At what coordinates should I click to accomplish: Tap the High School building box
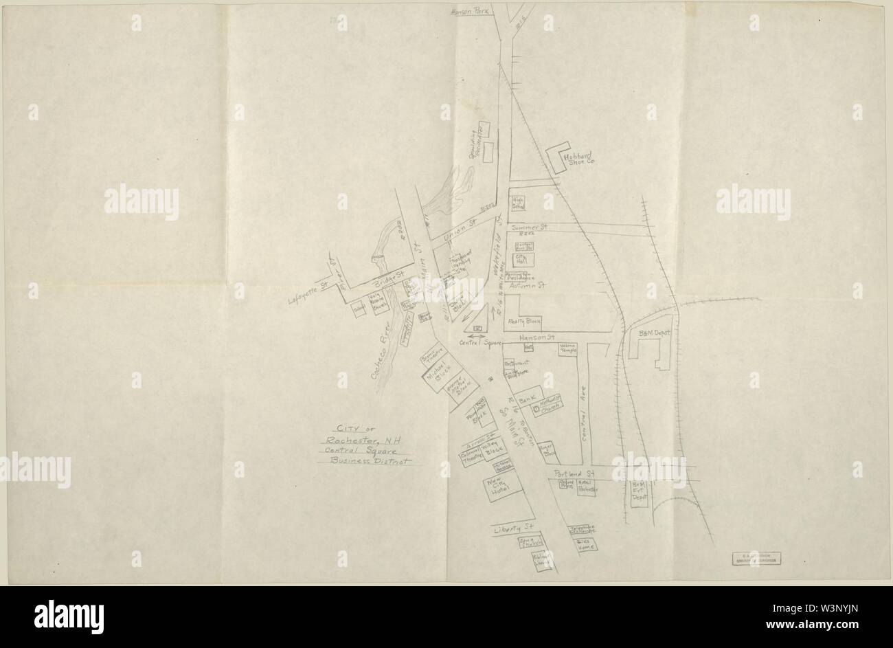[518, 203]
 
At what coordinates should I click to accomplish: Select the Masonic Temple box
[567, 349]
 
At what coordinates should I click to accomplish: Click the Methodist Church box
[550, 405]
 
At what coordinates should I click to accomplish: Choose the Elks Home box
[585, 545]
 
